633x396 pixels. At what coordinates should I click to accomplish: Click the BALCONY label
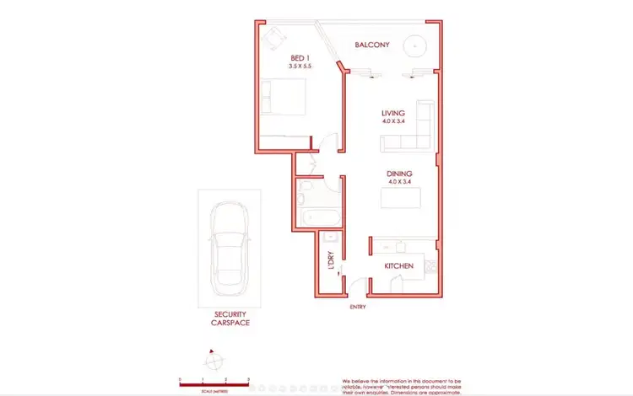(x=371, y=45)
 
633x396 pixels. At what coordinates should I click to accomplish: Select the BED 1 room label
(x=290, y=57)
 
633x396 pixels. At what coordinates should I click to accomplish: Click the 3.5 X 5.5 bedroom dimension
(x=290, y=66)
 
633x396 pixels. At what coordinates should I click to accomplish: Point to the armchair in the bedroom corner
(x=274, y=36)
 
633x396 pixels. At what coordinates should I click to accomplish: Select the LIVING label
(x=393, y=113)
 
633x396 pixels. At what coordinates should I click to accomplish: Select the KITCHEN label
(x=398, y=266)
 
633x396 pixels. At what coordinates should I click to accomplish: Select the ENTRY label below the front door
(x=358, y=307)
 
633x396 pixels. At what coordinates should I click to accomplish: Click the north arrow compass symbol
(x=213, y=360)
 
